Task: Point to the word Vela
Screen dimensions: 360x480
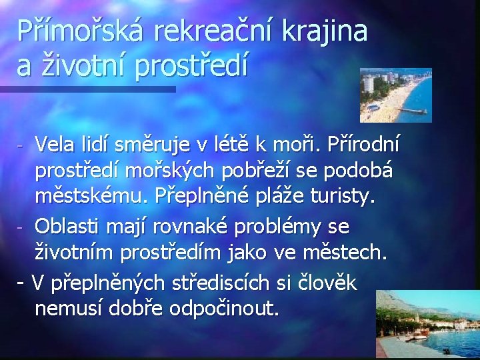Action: click(x=55, y=143)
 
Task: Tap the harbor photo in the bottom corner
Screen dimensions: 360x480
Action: click(x=427, y=325)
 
